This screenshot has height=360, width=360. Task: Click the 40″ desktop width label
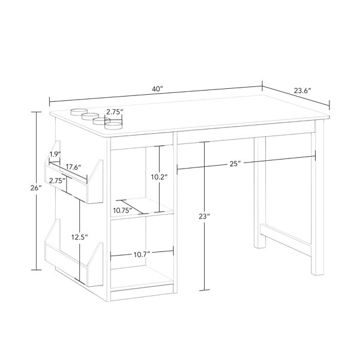click(157, 89)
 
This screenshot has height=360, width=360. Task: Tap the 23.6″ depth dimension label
click(302, 91)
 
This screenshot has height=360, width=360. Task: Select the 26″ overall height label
click(36, 188)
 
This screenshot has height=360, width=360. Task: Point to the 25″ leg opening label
click(235, 164)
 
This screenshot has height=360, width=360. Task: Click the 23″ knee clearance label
click(205, 216)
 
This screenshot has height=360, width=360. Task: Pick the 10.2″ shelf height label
click(159, 177)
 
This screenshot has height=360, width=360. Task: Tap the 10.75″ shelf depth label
click(122, 211)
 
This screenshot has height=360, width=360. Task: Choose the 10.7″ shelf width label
click(142, 254)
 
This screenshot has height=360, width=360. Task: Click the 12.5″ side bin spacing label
click(79, 237)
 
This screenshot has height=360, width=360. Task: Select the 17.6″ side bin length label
click(73, 167)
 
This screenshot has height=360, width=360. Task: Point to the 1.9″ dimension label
click(55, 154)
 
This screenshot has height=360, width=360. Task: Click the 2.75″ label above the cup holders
click(115, 112)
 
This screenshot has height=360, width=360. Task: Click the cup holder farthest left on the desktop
click(78, 112)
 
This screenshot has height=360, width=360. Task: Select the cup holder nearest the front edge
click(113, 125)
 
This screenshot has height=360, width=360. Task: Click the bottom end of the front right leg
click(317, 274)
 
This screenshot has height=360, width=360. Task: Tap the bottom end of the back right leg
click(260, 247)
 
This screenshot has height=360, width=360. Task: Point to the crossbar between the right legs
click(286, 240)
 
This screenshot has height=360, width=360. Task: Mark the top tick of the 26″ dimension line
click(36, 112)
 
